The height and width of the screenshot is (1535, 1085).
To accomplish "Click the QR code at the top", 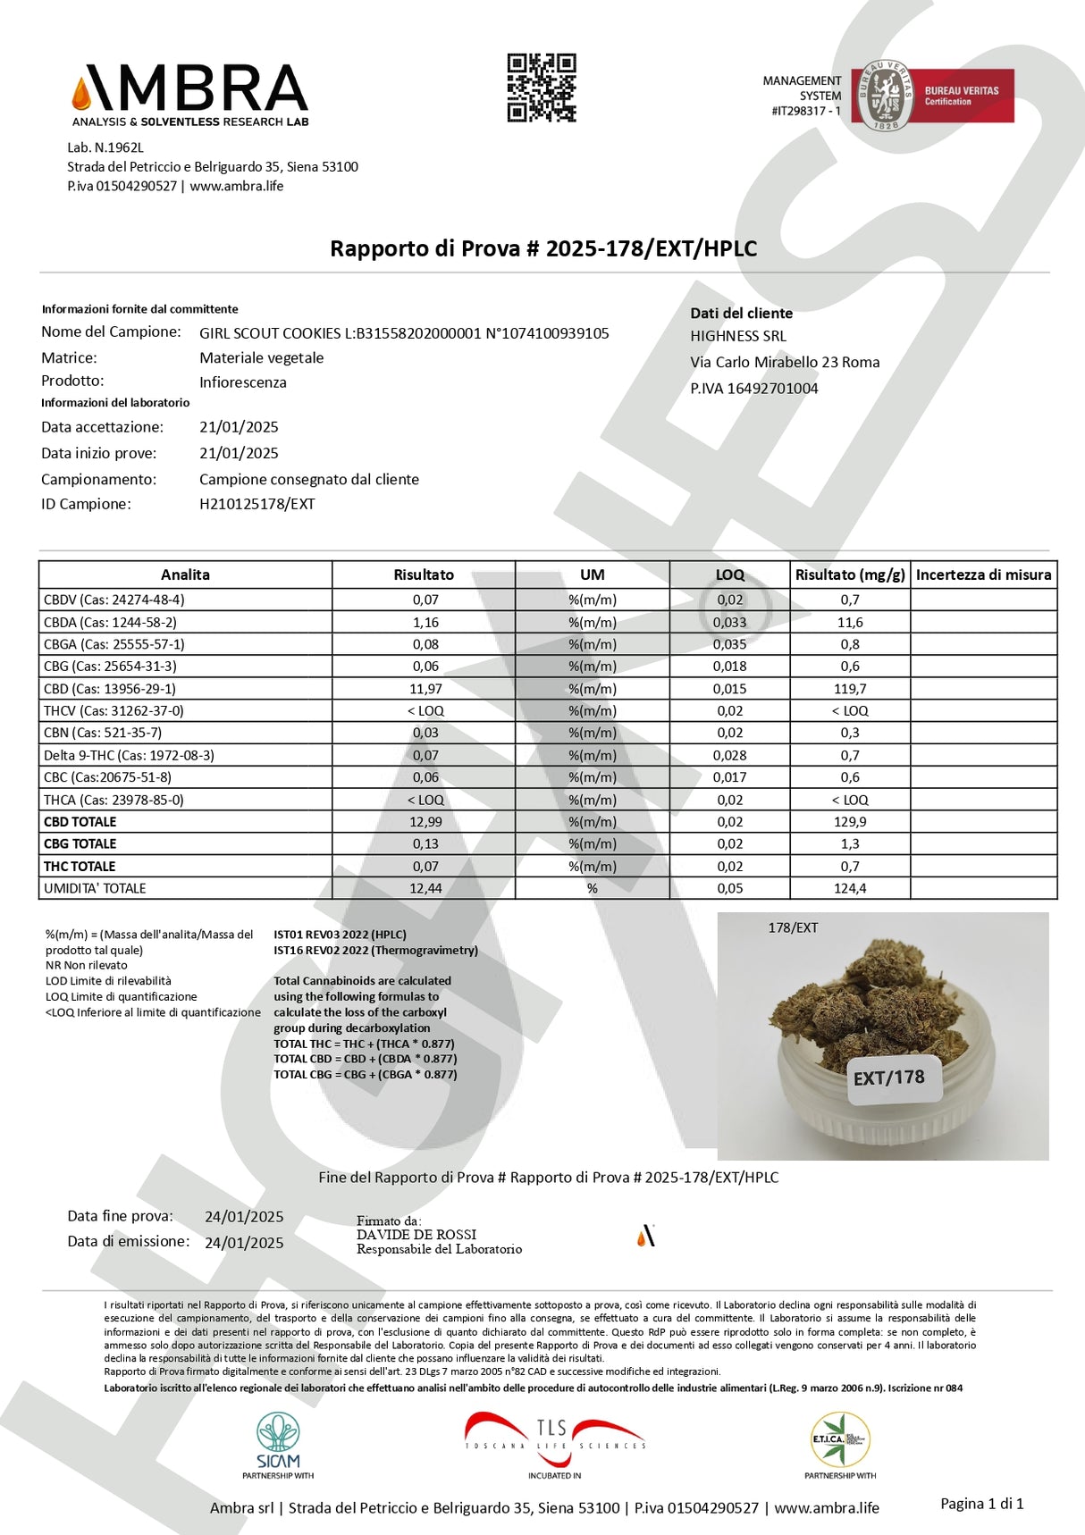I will pyautogui.click(x=542, y=88).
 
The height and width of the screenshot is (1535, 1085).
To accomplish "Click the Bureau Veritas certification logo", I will pyautogui.click(x=932, y=96).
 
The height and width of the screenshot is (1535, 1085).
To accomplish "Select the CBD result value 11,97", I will pyautogui.click(x=425, y=689).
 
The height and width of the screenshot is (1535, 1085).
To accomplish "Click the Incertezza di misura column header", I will pyautogui.click(x=983, y=575).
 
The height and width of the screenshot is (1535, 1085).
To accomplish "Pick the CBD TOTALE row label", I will pyautogui.click(x=80, y=822).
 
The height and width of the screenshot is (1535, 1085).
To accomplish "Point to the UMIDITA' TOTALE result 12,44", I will pyautogui.click(x=425, y=888).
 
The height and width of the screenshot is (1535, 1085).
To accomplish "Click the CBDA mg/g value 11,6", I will pyautogui.click(x=849, y=622).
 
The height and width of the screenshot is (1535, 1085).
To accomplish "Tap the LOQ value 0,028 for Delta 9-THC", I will pyautogui.click(x=729, y=755).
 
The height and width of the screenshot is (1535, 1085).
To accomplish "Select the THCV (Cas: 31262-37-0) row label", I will pyautogui.click(x=114, y=711).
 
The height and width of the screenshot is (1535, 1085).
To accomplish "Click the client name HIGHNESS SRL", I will pyautogui.click(x=738, y=336).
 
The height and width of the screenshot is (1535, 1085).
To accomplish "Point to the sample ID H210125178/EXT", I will pyautogui.click(x=257, y=504).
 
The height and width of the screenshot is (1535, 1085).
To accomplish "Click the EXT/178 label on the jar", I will pyautogui.click(x=888, y=1078).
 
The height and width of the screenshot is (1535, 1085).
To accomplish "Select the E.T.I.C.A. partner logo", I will pyautogui.click(x=840, y=1440).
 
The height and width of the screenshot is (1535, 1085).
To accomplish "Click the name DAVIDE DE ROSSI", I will pyautogui.click(x=416, y=1235).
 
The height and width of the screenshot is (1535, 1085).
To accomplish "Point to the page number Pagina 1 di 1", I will pyautogui.click(x=981, y=1504).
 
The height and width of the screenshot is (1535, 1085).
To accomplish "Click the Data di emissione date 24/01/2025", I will pyautogui.click(x=244, y=1243).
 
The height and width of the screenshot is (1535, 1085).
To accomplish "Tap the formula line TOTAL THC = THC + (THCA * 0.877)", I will pyautogui.click(x=364, y=1044).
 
